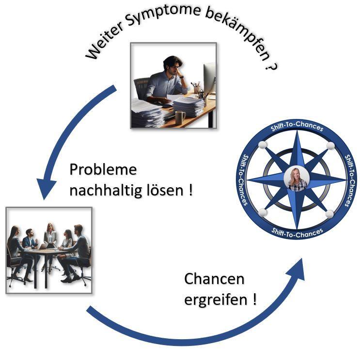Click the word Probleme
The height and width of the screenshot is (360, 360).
(x=103, y=170)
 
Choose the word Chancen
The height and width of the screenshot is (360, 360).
(x=214, y=279)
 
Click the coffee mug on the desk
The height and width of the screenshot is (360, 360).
(x=180, y=118)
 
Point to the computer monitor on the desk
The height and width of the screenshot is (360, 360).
(x=209, y=77)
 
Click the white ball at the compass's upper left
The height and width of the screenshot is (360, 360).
(x=262, y=146)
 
